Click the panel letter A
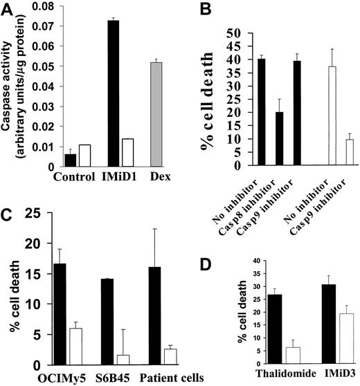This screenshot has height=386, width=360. pos(8,9)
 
